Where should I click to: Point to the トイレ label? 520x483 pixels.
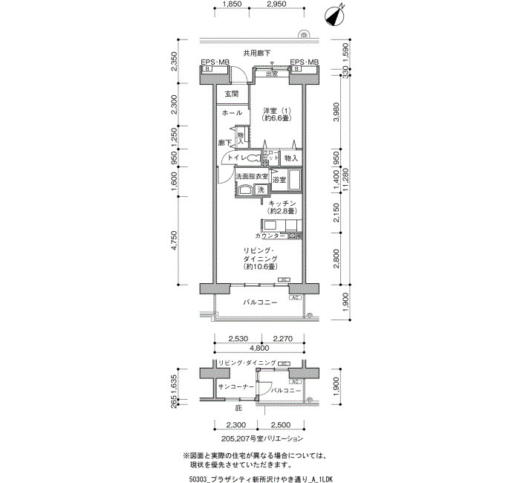tap(237, 158)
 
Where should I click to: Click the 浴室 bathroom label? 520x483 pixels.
tap(279, 181)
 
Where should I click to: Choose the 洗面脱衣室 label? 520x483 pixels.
tap(251, 177)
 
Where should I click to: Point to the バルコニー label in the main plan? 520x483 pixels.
tap(260, 303)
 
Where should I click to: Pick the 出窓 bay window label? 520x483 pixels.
tap(272, 73)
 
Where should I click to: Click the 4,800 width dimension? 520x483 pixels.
tap(259, 348)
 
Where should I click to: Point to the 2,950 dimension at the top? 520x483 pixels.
tap(276, 4)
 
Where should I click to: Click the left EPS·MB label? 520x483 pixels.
tap(215, 62)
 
